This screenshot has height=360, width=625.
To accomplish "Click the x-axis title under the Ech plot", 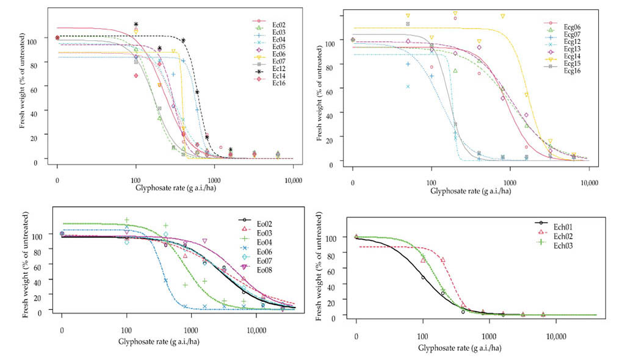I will point(460,348).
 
